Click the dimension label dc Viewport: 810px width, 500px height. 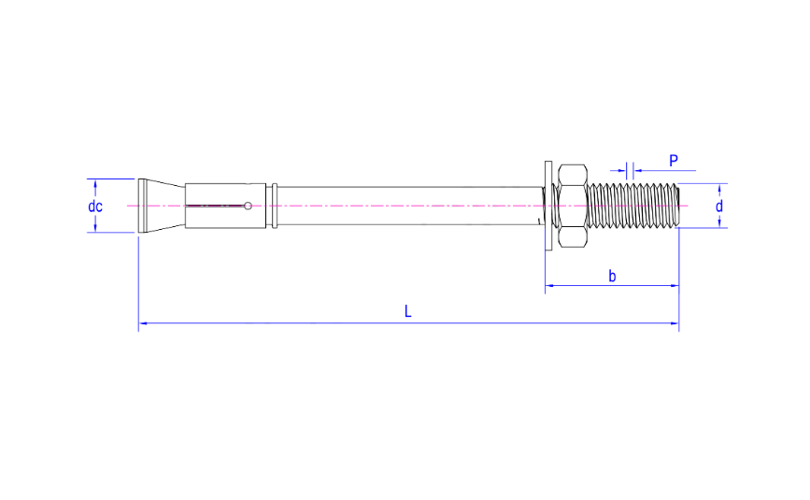[x=95, y=206]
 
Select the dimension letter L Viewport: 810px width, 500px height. [x=408, y=311]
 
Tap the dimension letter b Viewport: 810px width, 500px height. [x=612, y=276]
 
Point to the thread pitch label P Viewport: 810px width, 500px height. [x=673, y=161]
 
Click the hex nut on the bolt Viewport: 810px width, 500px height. [x=572, y=206]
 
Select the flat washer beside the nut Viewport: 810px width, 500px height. [x=545, y=206]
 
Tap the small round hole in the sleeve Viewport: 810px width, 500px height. [x=249, y=206]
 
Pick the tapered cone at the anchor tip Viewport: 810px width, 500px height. [x=159, y=206]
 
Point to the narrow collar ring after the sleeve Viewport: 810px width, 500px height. [x=274, y=206]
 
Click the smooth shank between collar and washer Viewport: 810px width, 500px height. [x=411, y=206]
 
